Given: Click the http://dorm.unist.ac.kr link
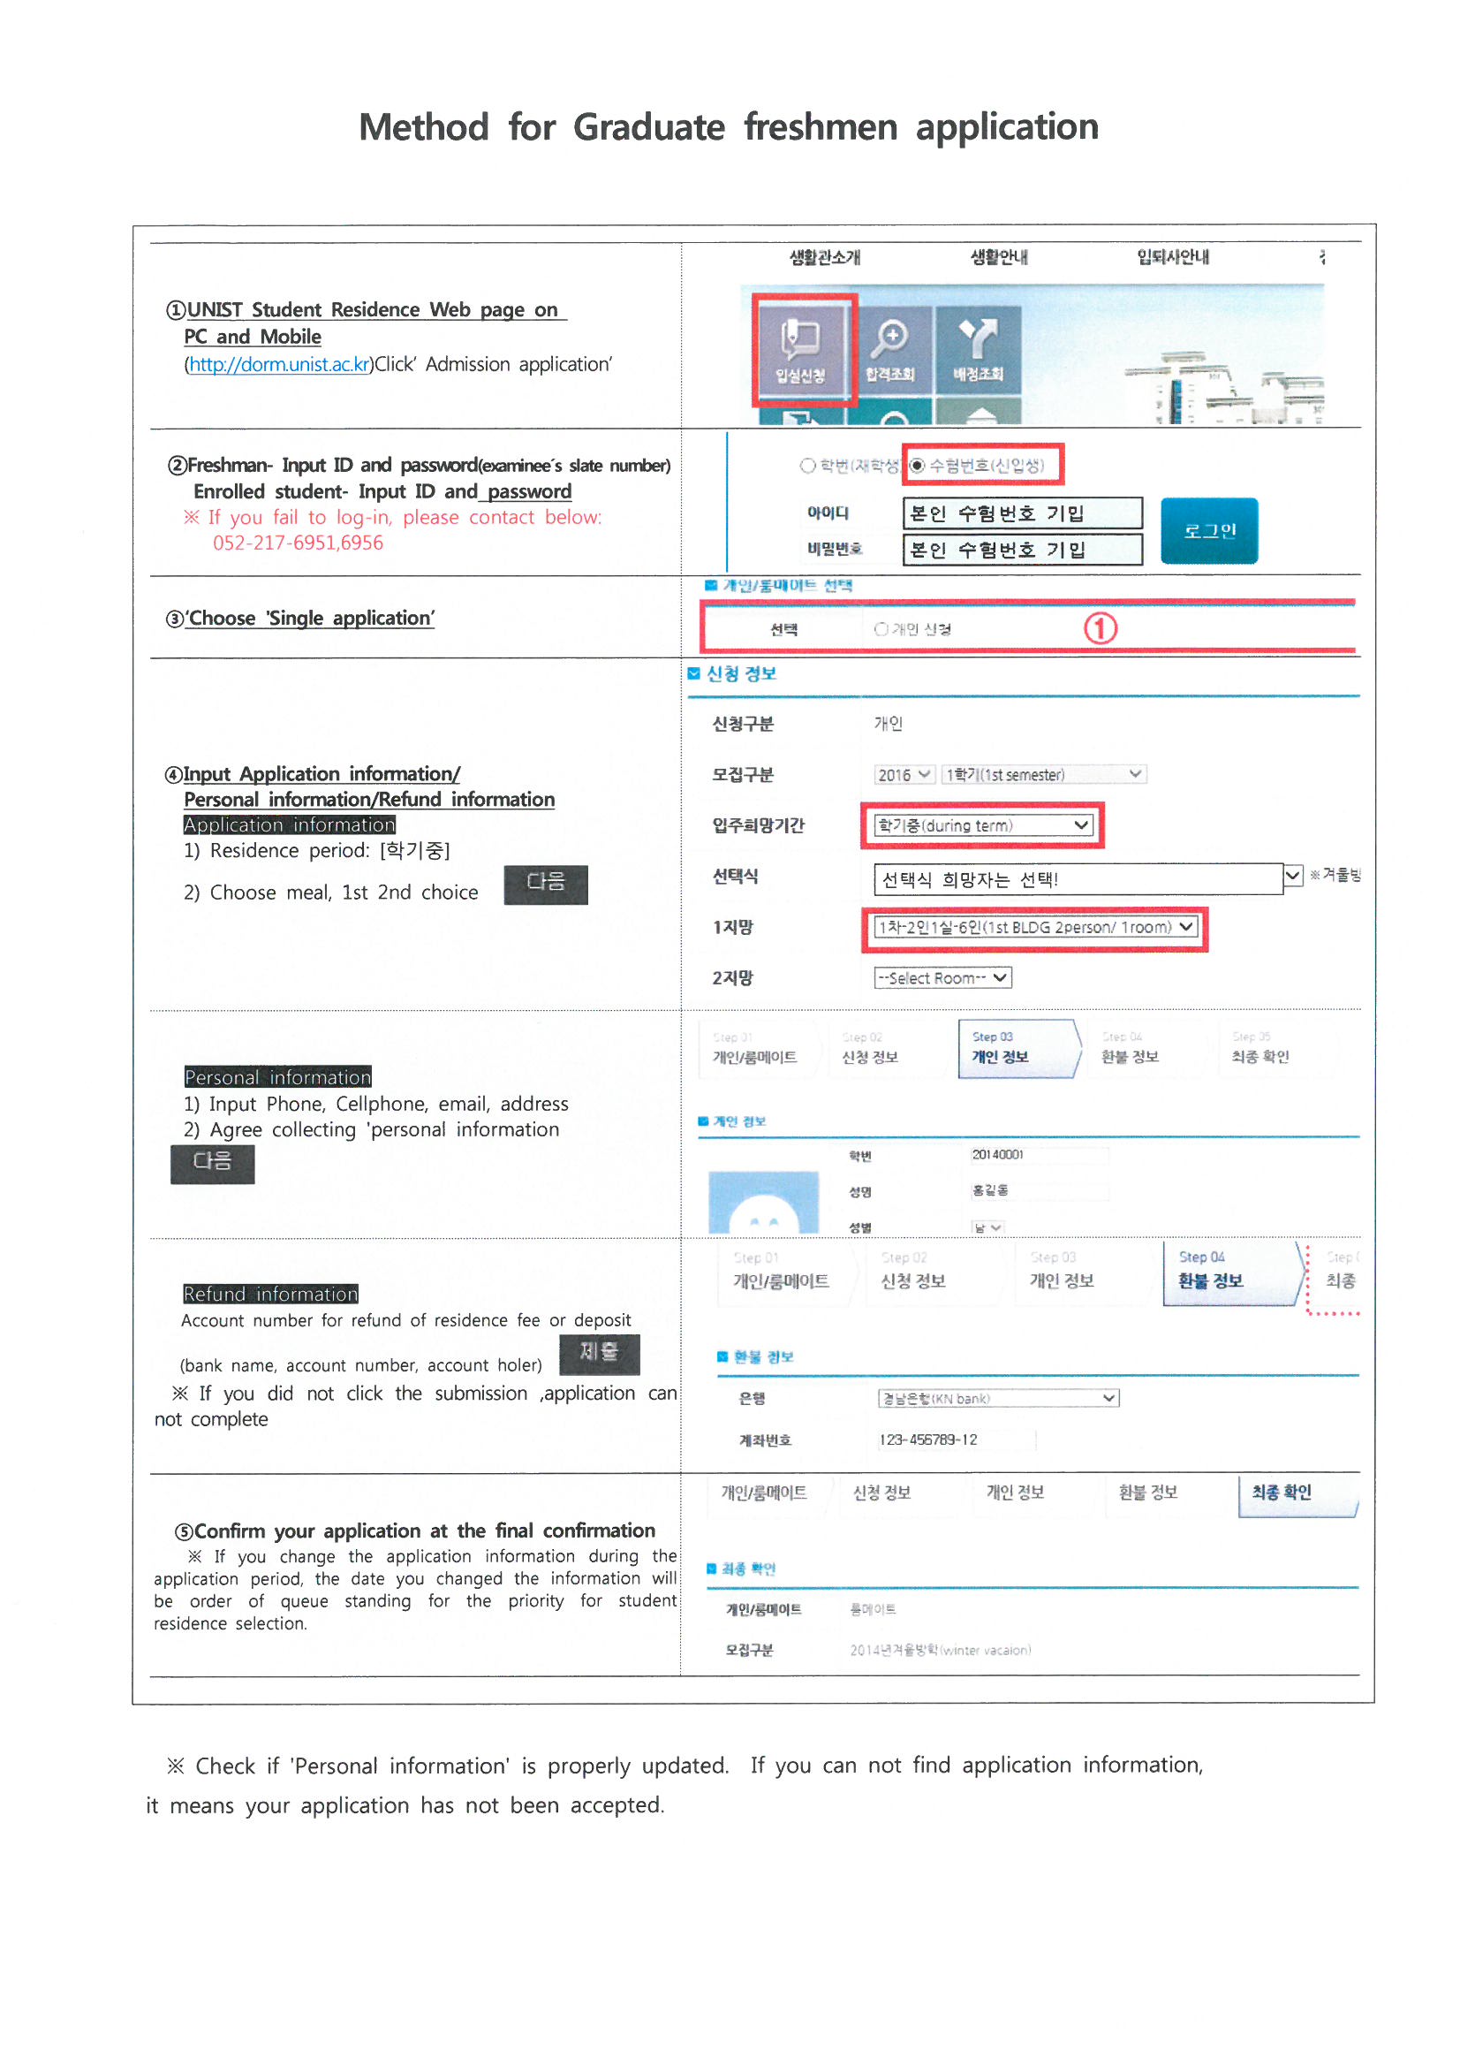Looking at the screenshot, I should [278, 364].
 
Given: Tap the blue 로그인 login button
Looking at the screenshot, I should [1208, 530].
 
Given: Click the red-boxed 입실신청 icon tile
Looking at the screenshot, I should [801, 349].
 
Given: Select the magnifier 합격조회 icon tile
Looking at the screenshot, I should [889, 349].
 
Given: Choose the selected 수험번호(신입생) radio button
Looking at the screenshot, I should [917, 465].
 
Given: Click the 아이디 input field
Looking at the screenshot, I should [1021, 513].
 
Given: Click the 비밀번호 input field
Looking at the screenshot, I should [1021, 549].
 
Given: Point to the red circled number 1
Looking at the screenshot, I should [1100, 628].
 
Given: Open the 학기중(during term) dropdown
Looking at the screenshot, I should [983, 825].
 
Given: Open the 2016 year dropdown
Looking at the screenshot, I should [904, 775].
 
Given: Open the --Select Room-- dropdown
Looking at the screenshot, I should [942, 978].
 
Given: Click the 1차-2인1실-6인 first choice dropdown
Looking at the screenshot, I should [1035, 928].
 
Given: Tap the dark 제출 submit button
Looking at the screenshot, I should [599, 1352].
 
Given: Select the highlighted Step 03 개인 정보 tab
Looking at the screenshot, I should [1017, 1048].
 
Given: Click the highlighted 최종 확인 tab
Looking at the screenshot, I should [1296, 1493].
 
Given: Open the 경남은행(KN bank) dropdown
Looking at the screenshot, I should [997, 1398].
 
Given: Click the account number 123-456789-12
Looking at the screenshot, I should [928, 1439].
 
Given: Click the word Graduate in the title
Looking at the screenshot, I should [648, 127].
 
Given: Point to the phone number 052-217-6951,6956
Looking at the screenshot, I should [298, 543].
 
